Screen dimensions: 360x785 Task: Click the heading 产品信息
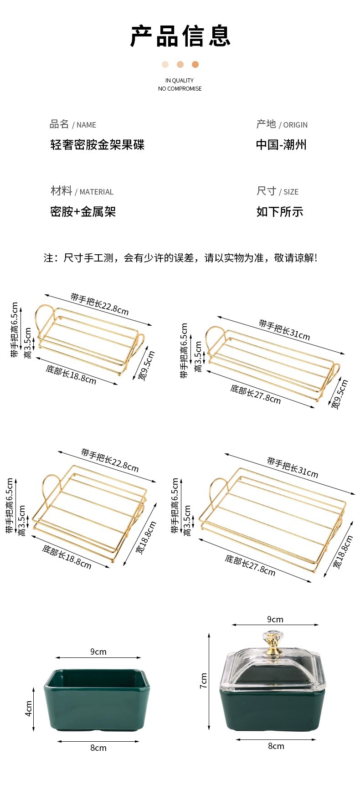(x=180, y=36)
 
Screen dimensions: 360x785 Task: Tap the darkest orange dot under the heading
(x=195, y=65)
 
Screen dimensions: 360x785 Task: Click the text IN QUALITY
(x=180, y=81)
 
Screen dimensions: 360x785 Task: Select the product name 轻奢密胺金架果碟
(x=97, y=145)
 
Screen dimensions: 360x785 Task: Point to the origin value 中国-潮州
(x=281, y=145)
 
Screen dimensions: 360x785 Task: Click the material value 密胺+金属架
(x=83, y=212)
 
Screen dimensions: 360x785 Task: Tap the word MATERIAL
(x=96, y=192)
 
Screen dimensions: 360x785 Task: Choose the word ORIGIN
(x=295, y=125)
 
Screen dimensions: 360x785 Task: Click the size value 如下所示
(x=279, y=212)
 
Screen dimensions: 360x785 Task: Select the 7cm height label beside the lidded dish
(x=203, y=681)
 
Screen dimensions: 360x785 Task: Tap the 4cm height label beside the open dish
(x=28, y=708)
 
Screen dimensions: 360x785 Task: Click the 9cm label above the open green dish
(x=98, y=652)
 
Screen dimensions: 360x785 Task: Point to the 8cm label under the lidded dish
(x=276, y=746)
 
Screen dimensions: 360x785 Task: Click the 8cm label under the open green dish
(x=98, y=748)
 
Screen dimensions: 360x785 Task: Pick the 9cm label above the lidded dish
(x=275, y=620)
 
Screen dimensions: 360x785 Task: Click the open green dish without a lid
(x=98, y=699)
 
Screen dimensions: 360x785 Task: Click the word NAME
(x=86, y=125)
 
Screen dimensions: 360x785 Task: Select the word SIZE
(x=291, y=192)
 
